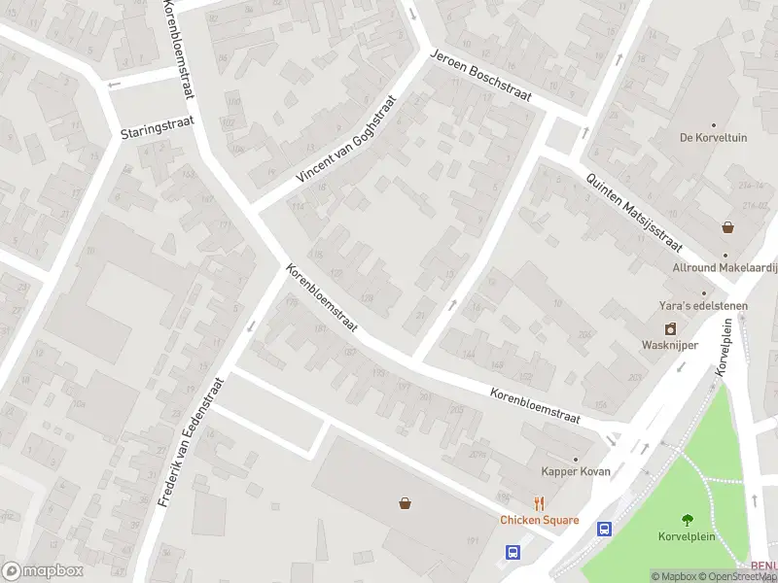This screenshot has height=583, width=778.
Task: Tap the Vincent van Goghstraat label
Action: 347,139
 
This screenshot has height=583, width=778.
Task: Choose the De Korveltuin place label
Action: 714,138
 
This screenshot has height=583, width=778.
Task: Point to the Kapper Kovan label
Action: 574,472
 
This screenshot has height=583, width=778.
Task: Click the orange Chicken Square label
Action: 540,520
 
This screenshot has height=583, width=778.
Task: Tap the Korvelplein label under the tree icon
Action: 688,536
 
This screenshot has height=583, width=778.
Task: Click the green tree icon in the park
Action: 689,519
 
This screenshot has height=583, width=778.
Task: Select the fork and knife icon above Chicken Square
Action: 539,503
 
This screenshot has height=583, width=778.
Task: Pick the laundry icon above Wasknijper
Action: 669,328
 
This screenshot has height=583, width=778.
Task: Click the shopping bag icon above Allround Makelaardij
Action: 727,227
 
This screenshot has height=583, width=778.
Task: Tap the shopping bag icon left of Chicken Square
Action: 405,502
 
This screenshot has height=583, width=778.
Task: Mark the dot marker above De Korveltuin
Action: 713,125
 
